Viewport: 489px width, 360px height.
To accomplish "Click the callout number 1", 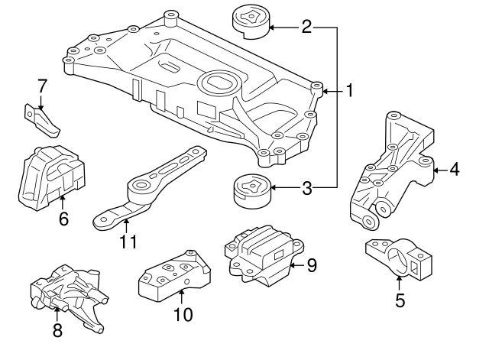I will (349, 91).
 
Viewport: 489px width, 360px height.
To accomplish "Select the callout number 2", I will (306, 28).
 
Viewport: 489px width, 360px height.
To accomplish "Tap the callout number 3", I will (306, 187).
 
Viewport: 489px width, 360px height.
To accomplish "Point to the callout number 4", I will (455, 170).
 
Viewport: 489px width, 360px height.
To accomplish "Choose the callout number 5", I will (400, 300).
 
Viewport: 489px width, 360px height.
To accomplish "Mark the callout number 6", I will (63, 219).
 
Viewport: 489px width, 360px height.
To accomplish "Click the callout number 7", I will (42, 85).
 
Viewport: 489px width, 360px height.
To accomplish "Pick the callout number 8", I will (57, 331).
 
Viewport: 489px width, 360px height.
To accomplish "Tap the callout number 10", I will (183, 313).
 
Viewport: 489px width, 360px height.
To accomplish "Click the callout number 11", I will (128, 242).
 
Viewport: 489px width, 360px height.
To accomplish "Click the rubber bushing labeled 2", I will (251, 22).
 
